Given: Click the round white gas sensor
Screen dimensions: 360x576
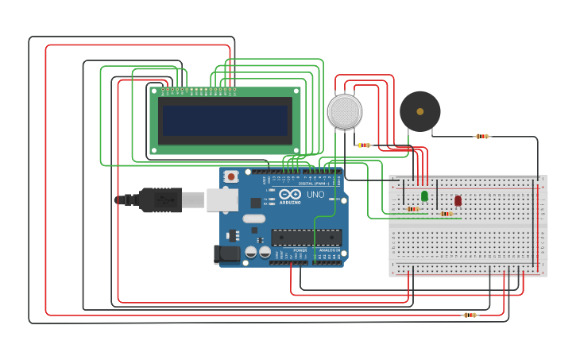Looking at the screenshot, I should click(x=344, y=111).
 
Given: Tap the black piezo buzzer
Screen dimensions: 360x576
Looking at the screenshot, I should click(x=419, y=111).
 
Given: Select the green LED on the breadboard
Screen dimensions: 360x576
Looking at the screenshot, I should click(x=424, y=195).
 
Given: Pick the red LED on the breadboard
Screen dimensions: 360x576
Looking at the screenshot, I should click(x=458, y=200).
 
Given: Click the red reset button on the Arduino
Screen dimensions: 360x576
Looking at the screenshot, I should click(x=231, y=176).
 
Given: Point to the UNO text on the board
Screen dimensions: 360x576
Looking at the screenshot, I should click(x=315, y=194).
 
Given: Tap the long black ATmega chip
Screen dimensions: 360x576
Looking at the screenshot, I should click(x=307, y=237).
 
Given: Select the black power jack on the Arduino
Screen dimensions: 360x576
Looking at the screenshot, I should click(x=226, y=254).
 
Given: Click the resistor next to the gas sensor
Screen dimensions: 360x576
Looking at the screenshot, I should click(x=364, y=145).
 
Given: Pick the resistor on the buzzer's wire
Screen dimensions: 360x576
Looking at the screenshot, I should click(x=482, y=137).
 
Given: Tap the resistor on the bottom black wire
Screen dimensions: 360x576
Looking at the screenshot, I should click(x=470, y=315).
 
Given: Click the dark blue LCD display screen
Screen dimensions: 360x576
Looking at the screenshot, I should click(x=225, y=120).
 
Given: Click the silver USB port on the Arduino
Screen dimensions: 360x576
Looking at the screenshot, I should click(x=222, y=199).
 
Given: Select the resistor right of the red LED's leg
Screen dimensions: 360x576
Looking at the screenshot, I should click(x=446, y=214).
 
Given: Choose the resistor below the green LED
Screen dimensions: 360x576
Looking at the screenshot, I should click(x=413, y=209).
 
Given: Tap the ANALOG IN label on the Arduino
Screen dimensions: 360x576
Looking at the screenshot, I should click(x=329, y=250).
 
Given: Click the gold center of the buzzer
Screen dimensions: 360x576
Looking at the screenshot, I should click(x=419, y=111).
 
